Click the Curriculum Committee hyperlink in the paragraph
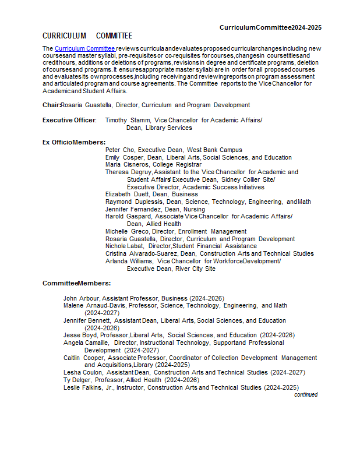(84, 48)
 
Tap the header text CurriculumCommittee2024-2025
(270, 27)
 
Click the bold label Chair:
(51, 105)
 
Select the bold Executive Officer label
(69, 120)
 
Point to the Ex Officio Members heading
(74, 142)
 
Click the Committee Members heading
(76, 283)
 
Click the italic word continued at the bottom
(306, 394)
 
